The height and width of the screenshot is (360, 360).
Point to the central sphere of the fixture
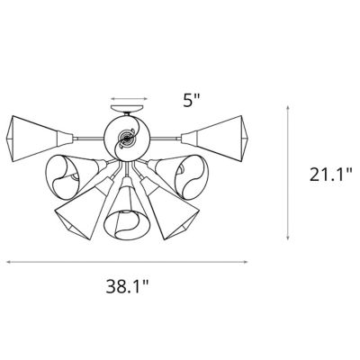[127, 138]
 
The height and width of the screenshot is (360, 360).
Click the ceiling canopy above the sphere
[127, 113]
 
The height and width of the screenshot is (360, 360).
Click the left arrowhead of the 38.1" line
[9, 263]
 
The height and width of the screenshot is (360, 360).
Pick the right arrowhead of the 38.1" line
[247, 263]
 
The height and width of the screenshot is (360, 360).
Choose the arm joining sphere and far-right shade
[166, 137]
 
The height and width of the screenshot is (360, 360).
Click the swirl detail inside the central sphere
[127, 139]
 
